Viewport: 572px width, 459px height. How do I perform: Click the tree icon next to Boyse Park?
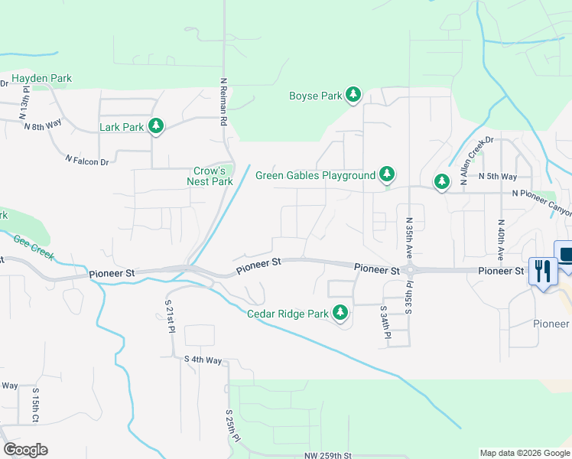pos(353,95)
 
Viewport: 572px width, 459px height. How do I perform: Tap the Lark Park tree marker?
pos(156,126)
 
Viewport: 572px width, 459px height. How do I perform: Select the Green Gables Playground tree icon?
pos(388,174)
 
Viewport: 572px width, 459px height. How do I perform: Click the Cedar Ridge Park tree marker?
pos(340,313)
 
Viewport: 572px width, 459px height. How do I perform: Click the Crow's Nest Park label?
pos(210,176)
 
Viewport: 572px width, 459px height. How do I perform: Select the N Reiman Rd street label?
pos(223,101)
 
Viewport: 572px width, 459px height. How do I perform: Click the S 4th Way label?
pos(203,359)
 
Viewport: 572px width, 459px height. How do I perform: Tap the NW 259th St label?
pos(327,456)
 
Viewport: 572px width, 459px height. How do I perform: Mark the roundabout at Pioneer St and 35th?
pos(410,269)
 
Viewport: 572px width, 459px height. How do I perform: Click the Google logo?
pos(25,450)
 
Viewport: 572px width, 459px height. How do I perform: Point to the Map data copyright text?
pos(524,453)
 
